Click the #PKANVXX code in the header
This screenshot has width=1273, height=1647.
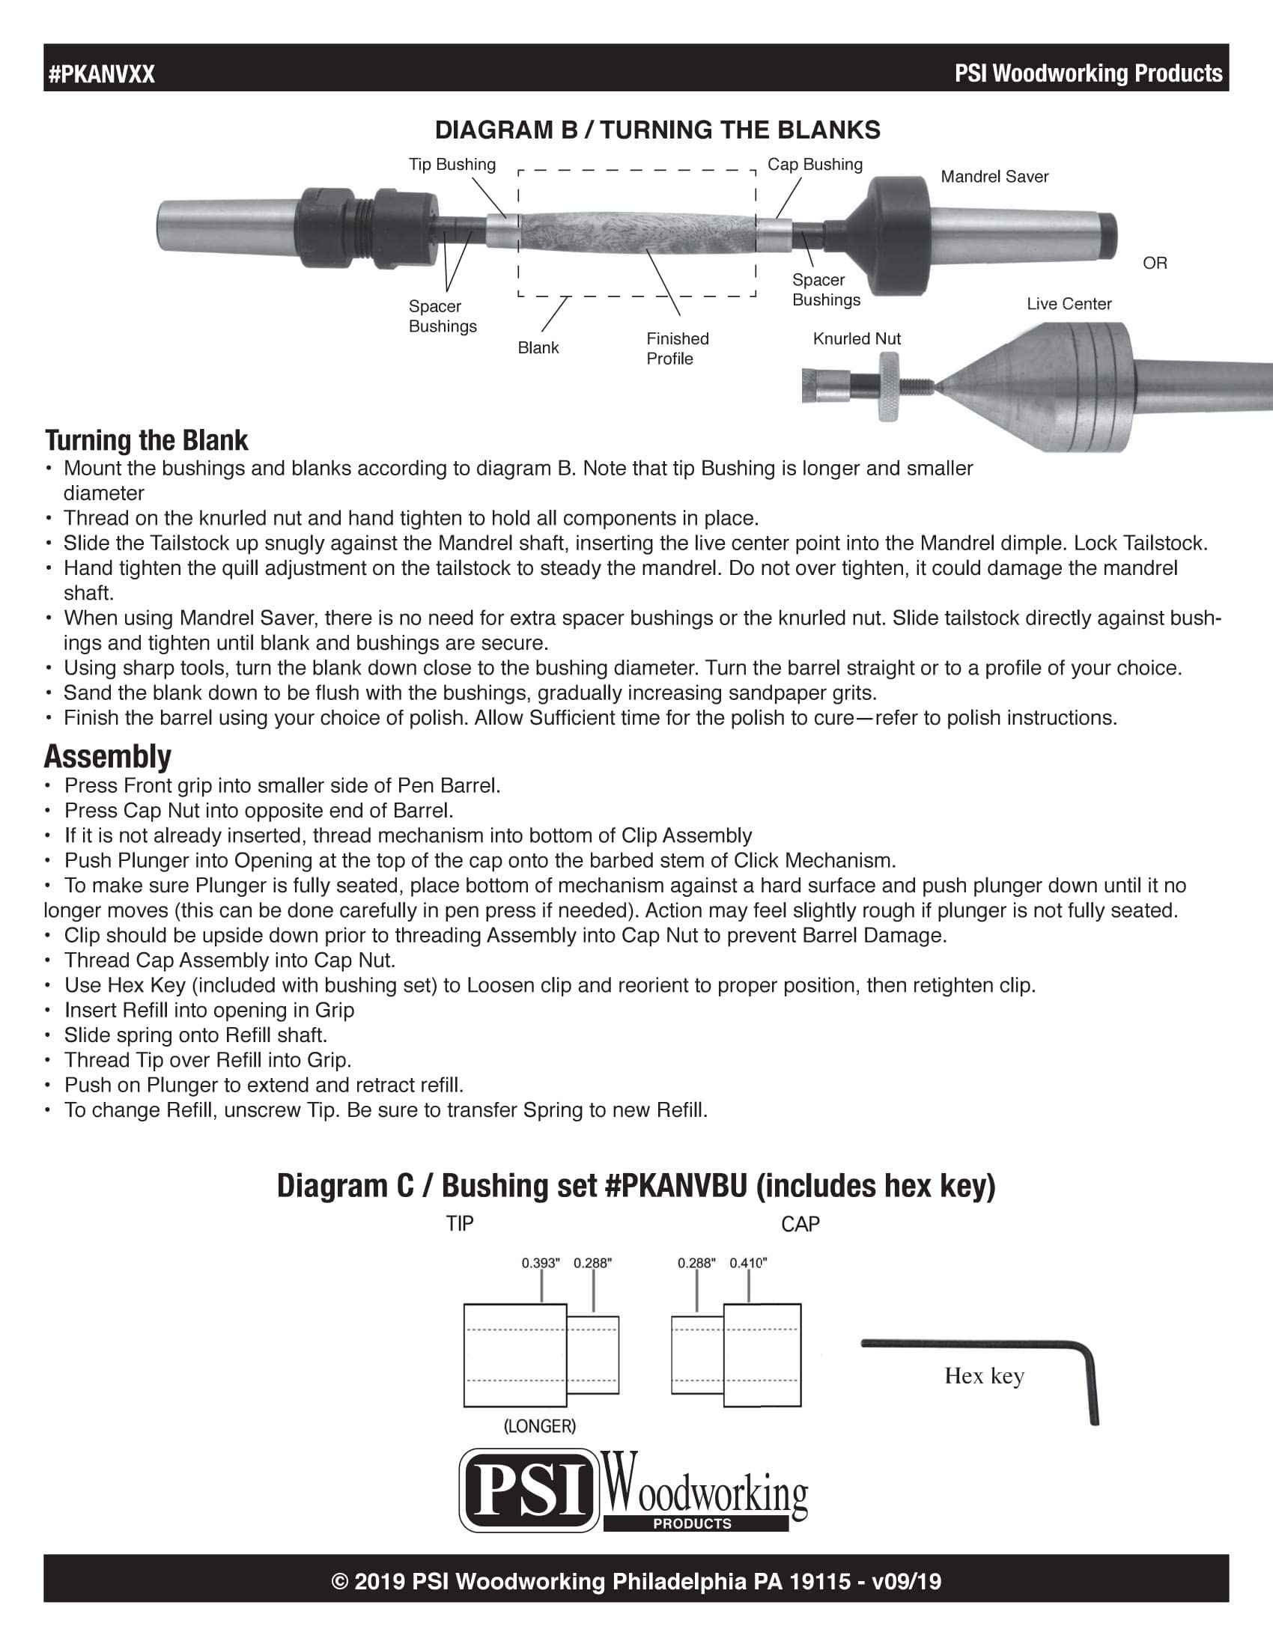click(102, 74)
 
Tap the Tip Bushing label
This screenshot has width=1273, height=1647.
click(452, 165)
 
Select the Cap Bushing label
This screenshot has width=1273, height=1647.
click(815, 165)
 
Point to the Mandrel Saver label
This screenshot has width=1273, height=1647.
click(994, 177)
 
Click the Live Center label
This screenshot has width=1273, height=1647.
click(1069, 304)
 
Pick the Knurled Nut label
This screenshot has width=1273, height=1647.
click(857, 338)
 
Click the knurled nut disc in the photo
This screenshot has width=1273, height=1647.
click(888, 386)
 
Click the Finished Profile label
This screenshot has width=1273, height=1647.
click(676, 348)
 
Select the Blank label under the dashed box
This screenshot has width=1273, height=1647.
click(538, 347)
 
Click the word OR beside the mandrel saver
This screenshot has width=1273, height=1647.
click(1155, 264)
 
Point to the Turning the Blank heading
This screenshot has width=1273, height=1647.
click(146, 440)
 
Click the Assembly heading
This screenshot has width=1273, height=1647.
click(108, 756)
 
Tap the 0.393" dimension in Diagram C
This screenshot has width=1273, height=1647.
click(540, 1262)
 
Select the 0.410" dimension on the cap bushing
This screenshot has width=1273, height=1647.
click(747, 1262)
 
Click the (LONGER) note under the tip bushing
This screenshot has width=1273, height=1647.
click(539, 1426)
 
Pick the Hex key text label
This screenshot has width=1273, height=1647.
click(983, 1375)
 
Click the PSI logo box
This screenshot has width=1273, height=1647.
click(529, 1490)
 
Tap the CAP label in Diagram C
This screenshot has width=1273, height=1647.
click(800, 1224)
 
